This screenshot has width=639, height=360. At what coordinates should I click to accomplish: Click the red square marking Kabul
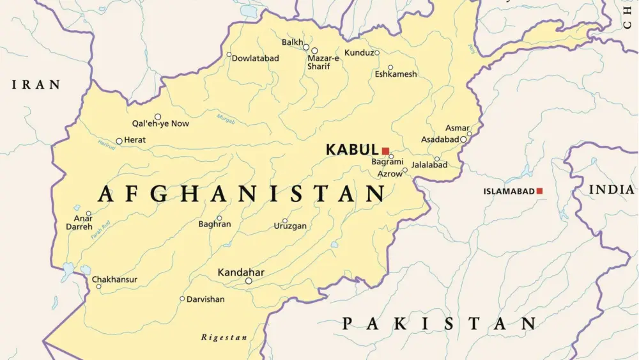[385, 151]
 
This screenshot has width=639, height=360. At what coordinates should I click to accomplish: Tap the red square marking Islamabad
[539, 191]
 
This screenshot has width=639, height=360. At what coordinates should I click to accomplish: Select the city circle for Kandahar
[249, 281]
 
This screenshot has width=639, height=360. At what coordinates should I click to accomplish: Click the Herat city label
[135, 140]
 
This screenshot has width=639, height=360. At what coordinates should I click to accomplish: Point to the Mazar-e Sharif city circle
[314, 51]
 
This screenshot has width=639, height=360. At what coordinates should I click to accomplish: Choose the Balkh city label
[292, 42]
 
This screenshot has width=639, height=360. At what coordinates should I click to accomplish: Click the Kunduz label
[358, 52]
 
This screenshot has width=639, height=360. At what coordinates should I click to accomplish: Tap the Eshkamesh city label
[396, 74]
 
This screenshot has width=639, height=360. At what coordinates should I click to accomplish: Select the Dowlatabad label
[255, 58]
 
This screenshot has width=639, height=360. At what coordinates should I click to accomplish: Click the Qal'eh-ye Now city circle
[158, 116]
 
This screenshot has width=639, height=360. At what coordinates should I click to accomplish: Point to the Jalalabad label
[429, 165]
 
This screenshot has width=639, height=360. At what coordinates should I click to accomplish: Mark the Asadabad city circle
[463, 139]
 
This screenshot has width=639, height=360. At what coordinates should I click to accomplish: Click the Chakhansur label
[114, 279]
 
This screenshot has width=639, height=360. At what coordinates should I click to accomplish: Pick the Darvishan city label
[205, 299]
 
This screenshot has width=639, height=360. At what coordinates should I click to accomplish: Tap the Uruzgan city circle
[285, 221]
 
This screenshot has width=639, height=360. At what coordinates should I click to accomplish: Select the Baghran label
[215, 224]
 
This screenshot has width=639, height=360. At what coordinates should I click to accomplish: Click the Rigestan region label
[224, 337]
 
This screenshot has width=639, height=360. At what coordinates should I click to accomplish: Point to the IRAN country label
[36, 84]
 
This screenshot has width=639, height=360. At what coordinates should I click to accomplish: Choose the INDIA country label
[611, 189]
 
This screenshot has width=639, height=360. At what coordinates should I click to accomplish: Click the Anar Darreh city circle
[88, 214]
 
